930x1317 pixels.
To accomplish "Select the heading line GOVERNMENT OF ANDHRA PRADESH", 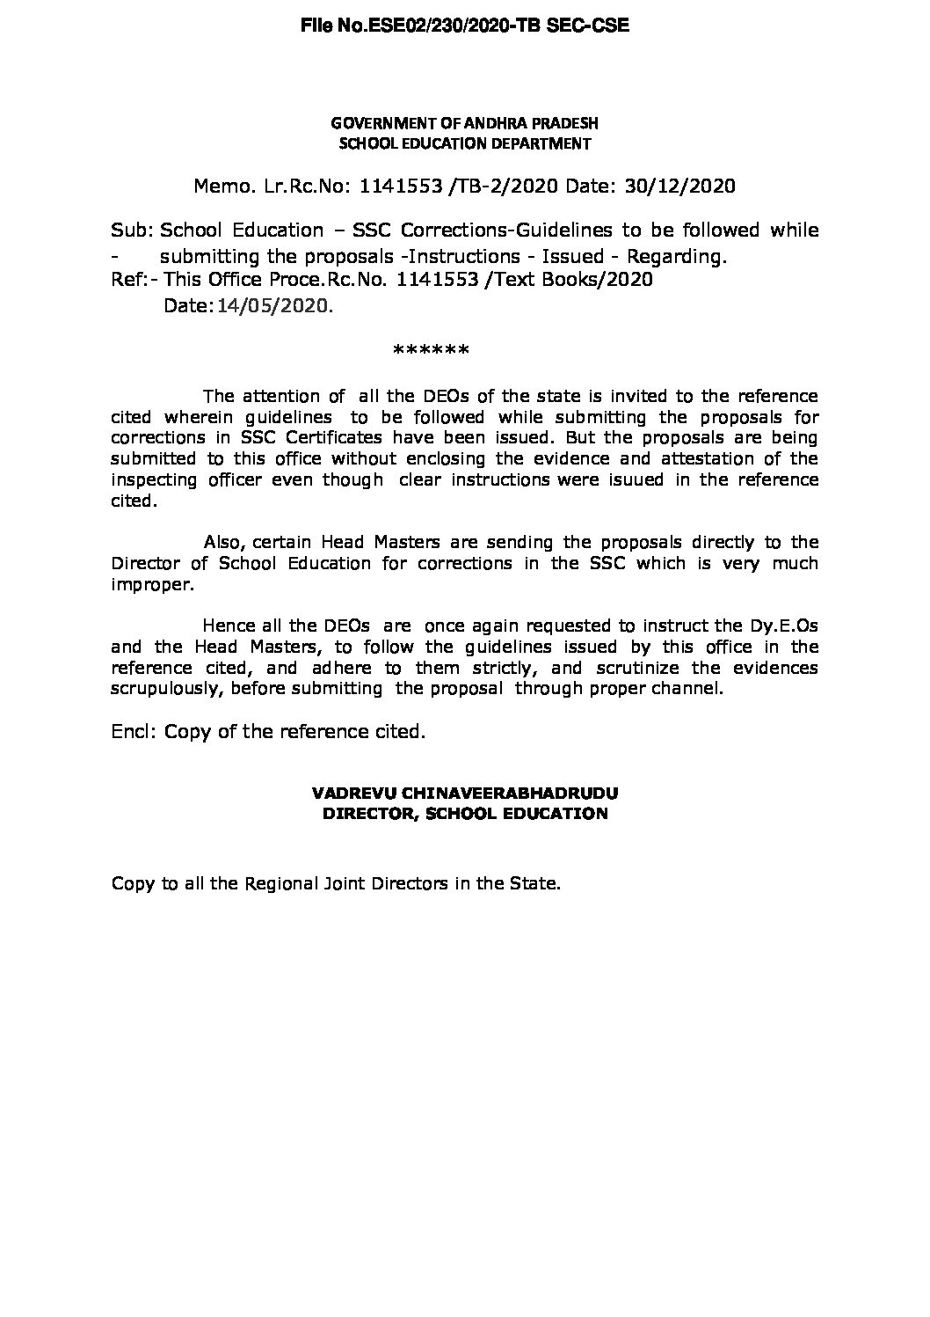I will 464,123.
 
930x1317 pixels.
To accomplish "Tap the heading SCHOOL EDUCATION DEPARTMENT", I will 464,143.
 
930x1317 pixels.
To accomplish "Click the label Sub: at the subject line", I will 132,230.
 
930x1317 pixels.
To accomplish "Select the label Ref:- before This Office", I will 134,280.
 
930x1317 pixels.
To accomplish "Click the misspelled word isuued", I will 635,479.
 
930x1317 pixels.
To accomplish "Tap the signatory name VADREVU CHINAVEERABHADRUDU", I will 465,793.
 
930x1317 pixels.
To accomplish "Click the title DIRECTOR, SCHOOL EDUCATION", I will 465,814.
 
